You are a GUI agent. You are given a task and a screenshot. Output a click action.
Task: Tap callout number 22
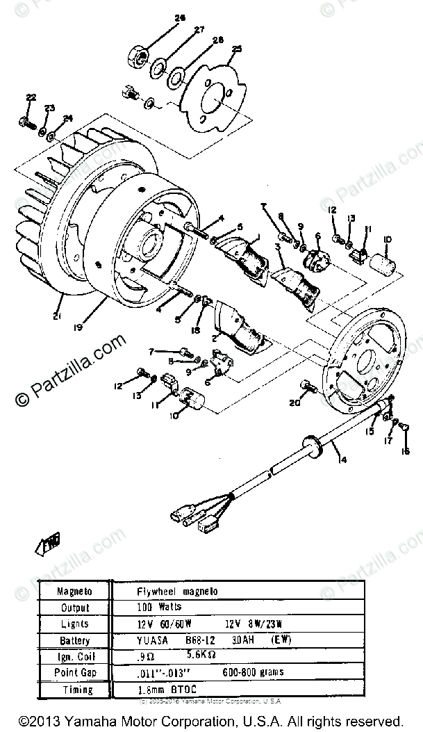pos(30,97)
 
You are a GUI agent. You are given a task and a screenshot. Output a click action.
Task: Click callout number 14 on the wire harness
pos(339,459)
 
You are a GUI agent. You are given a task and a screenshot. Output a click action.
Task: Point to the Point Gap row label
pos(74,673)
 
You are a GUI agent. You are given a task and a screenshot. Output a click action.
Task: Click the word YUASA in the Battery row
pos(154,640)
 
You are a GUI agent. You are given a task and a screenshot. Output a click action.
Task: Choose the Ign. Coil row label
pos(74,656)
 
